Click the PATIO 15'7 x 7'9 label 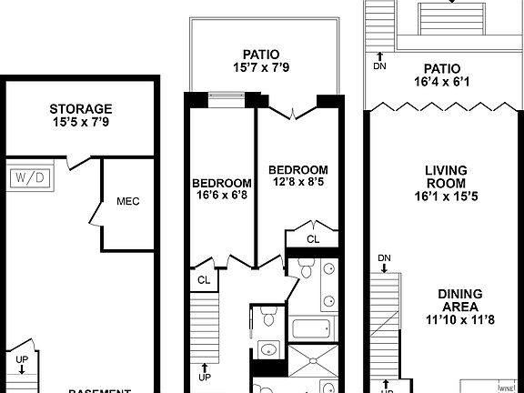coord(266,60)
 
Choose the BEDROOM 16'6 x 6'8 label coord(221,187)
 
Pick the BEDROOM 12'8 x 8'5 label coord(298,176)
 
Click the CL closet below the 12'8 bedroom coord(312,239)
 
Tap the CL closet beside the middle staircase coord(205,280)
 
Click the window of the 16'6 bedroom coord(224,95)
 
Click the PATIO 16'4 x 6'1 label coord(442,76)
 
